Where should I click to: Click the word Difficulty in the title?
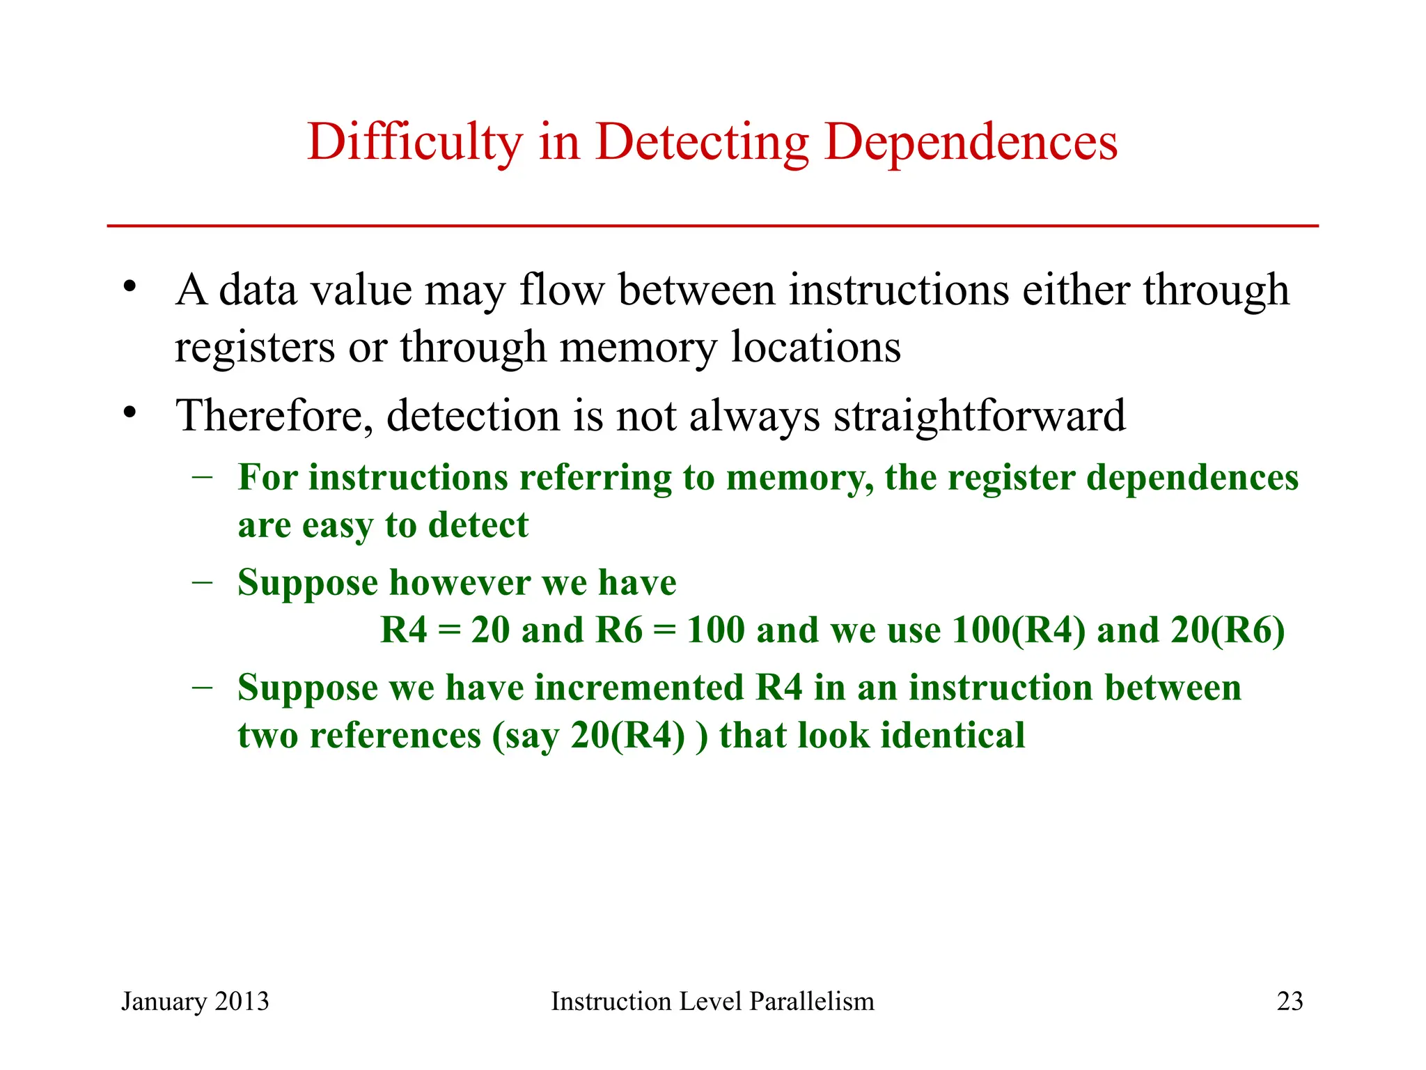coord(414,143)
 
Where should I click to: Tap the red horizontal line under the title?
coord(712,226)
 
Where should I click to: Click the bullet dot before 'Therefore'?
coord(129,413)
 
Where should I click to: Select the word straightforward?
coord(979,416)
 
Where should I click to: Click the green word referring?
coord(595,479)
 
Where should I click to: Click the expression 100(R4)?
coord(1018,630)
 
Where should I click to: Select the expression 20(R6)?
coord(1227,630)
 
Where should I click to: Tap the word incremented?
coord(639,688)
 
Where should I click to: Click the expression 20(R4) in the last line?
coord(627,736)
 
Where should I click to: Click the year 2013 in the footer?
coord(242,1001)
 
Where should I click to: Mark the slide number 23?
coord(1290,1001)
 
